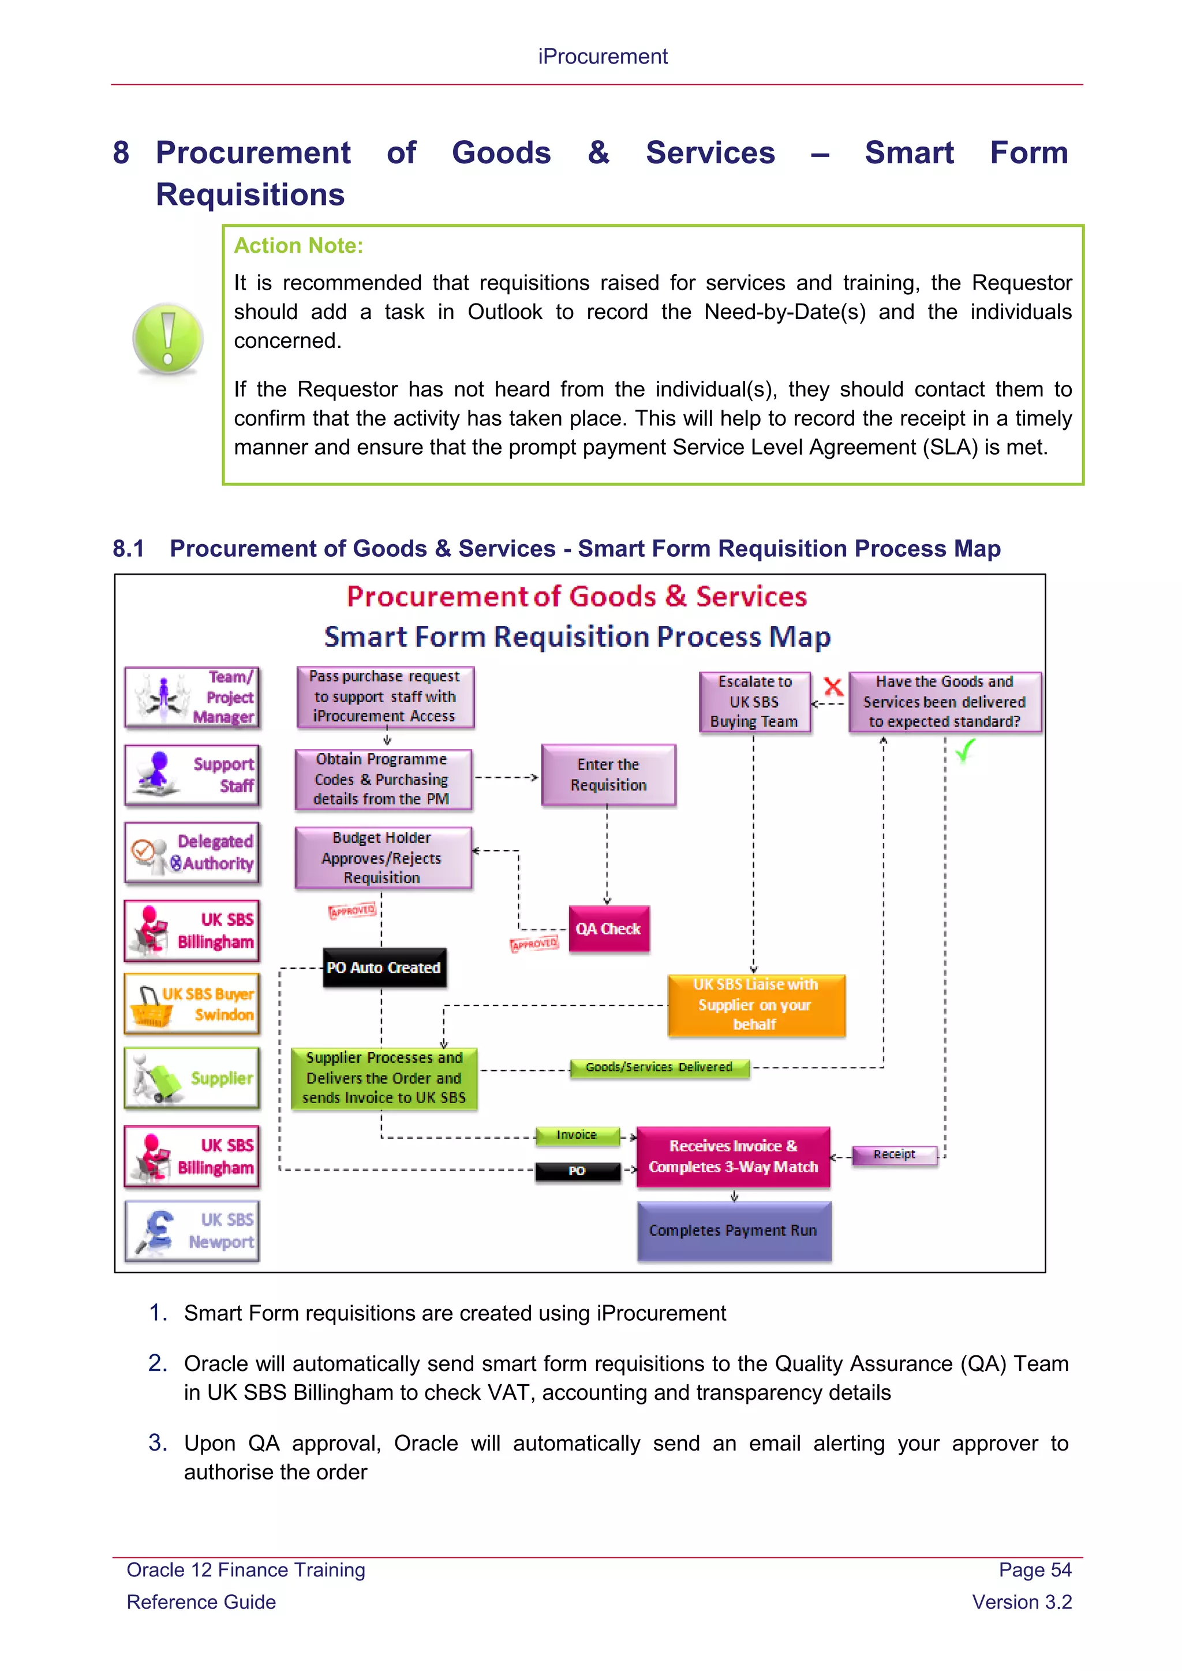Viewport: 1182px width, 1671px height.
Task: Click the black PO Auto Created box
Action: tap(384, 967)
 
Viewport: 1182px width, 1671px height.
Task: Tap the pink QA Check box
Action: tap(608, 928)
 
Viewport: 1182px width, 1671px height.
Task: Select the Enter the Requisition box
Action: tap(608, 774)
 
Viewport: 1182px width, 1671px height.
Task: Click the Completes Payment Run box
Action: tap(734, 1231)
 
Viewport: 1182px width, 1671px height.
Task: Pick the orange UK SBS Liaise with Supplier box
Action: tap(756, 1005)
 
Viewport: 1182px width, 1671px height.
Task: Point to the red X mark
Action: tap(833, 686)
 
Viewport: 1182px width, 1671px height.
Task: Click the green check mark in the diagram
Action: tap(965, 750)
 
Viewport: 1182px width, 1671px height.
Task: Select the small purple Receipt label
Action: tap(895, 1154)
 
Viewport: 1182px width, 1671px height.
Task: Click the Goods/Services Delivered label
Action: tap(660, 1067)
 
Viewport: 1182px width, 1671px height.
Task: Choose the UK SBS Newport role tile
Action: tap(192, 1231)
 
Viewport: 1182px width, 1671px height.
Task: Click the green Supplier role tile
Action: tap(192, 1078)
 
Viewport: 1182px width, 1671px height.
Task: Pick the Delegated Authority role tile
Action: tap(192, 852)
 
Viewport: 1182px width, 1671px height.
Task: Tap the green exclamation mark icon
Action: tap(168, 339)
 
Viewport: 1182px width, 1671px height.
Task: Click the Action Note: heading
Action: tap(298, 246)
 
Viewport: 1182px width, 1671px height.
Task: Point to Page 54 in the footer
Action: tap(1034, 1570)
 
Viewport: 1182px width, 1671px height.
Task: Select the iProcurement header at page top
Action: tap(603, 57)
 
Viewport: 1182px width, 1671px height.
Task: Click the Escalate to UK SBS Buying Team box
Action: tap(755, 702)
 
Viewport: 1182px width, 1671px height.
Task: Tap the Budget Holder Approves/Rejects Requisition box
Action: tap(383, 857)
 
